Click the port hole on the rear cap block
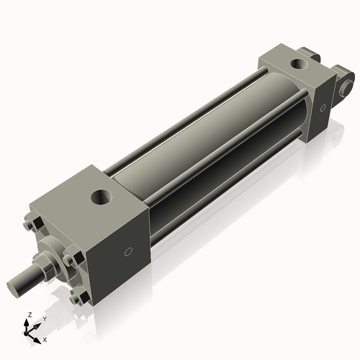pyautogui.click(x=297, y=64)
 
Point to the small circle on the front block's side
pyautogui.click(x=128, y=252)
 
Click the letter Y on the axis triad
pyautogui.click(x=44, y=318)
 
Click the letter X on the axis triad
pyautogui.click(x=45, y=338)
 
